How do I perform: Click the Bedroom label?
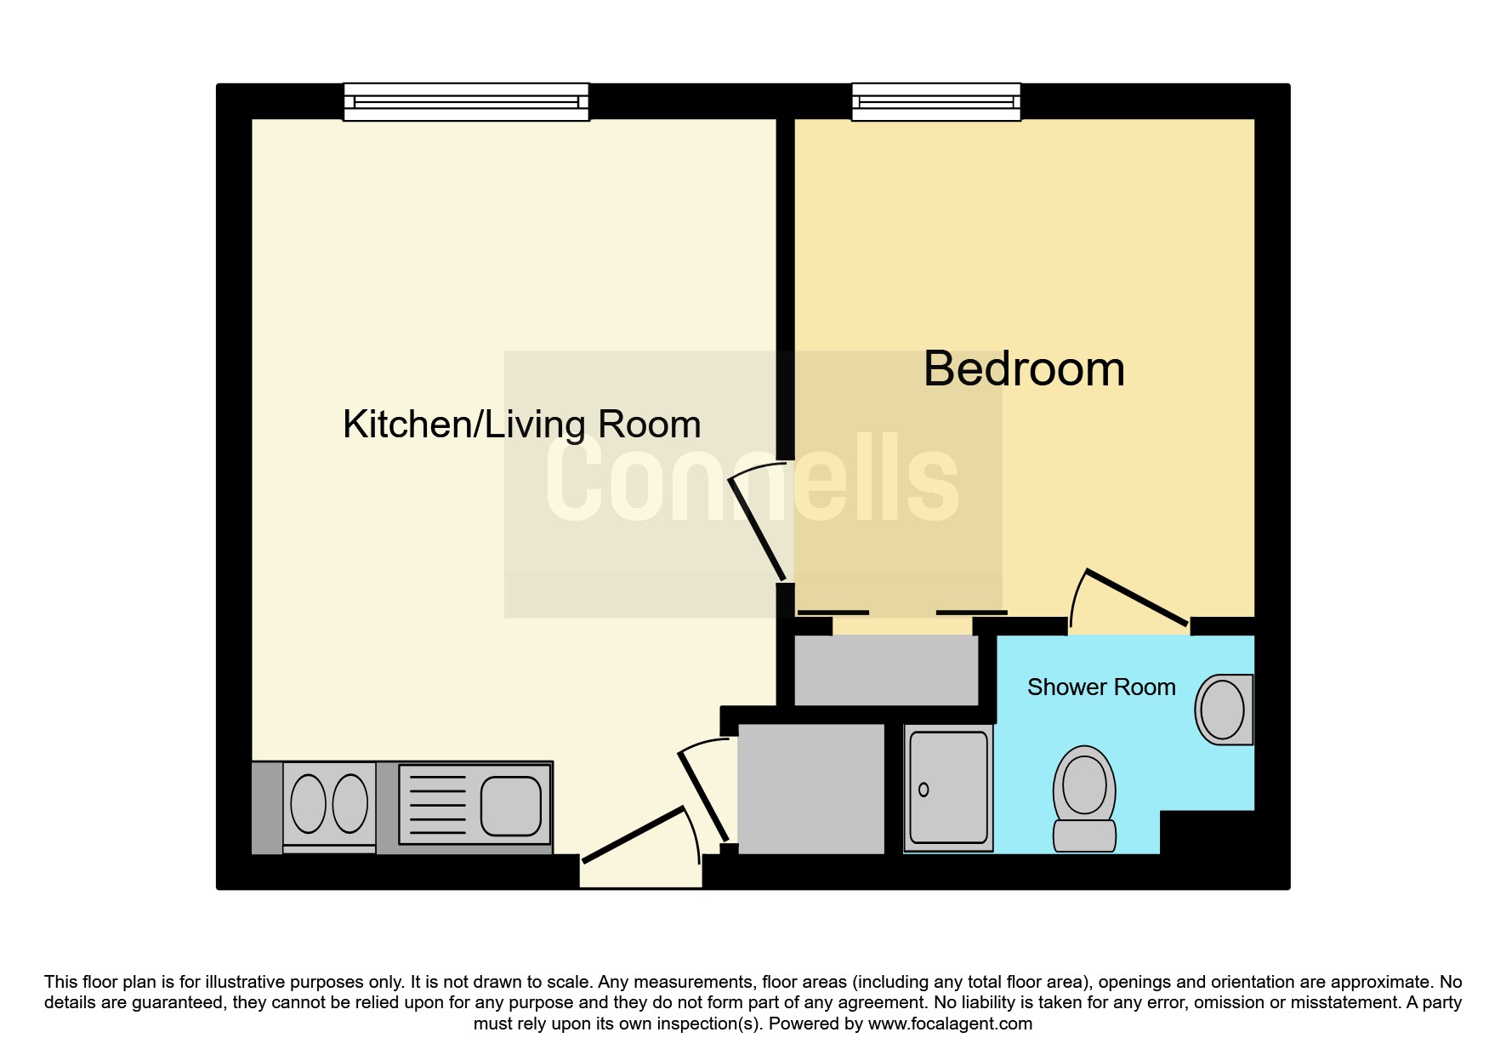click(x=1024, y=369)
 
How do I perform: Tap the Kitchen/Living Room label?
click(x=521, y=425)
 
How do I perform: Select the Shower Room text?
click(x=1100, y=687)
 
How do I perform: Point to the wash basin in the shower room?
click(x=1224, y=710)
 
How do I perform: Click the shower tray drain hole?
click(x=923, y=790)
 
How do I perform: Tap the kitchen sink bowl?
click(x=510, y=805)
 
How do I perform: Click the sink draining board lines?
click(x=437, y=805)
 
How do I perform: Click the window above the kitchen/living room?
click(x=466, y=102)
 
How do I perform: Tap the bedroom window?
click(x=935, y=102)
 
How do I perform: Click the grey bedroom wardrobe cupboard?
click(x=886, y=670)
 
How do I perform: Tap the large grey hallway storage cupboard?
click(x=811, y=788)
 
